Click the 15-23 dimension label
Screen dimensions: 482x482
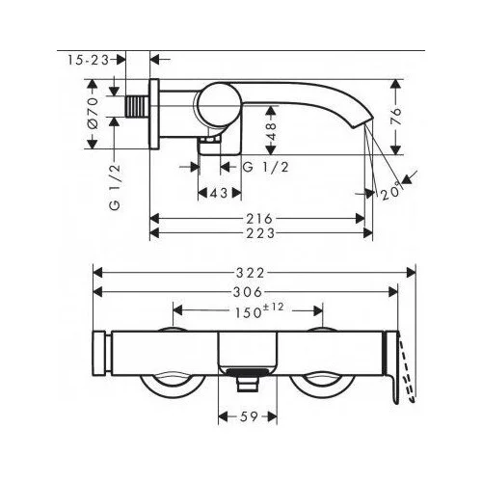tap(89, 60)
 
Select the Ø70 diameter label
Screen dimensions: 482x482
tap(93, 114)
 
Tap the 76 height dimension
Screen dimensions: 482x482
tap(396, 116)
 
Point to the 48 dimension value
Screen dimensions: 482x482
tap(272, 131)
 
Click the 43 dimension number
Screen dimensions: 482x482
tap(219, 193)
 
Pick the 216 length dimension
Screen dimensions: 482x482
tap(259, 219)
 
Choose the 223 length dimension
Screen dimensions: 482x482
tap(260, 233)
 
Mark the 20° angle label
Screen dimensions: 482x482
tap(391, 193)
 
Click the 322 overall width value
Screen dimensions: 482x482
tap(251, 273)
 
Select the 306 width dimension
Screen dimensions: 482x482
tap(248, 292)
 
